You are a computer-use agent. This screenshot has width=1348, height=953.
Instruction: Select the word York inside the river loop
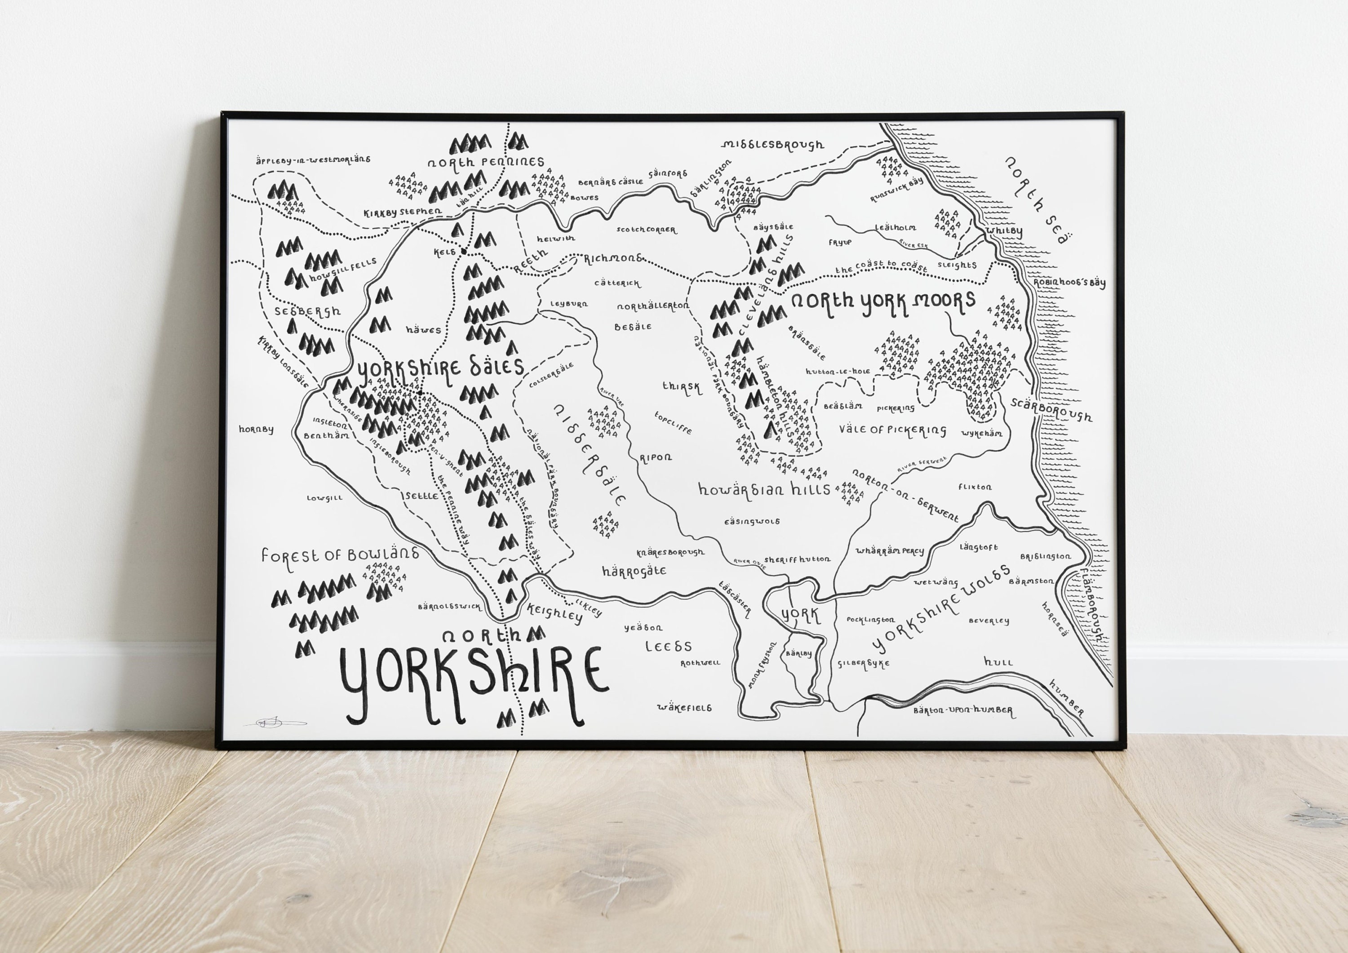(800, 615)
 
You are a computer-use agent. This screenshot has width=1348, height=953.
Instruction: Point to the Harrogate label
(634, 571)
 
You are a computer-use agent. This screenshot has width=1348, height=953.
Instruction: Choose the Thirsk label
(682, 387)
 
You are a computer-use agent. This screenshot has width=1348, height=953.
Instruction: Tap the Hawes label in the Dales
(423, 330)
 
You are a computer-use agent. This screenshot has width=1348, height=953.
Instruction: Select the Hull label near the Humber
(998, 662)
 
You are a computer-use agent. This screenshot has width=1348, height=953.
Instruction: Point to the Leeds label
(668, 647)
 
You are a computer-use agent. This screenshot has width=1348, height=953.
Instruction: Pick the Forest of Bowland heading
(341, 554)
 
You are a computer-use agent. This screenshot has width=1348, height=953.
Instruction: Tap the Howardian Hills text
(764, 489)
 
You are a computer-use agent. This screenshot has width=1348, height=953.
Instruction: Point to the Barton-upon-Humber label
(962, 710)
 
